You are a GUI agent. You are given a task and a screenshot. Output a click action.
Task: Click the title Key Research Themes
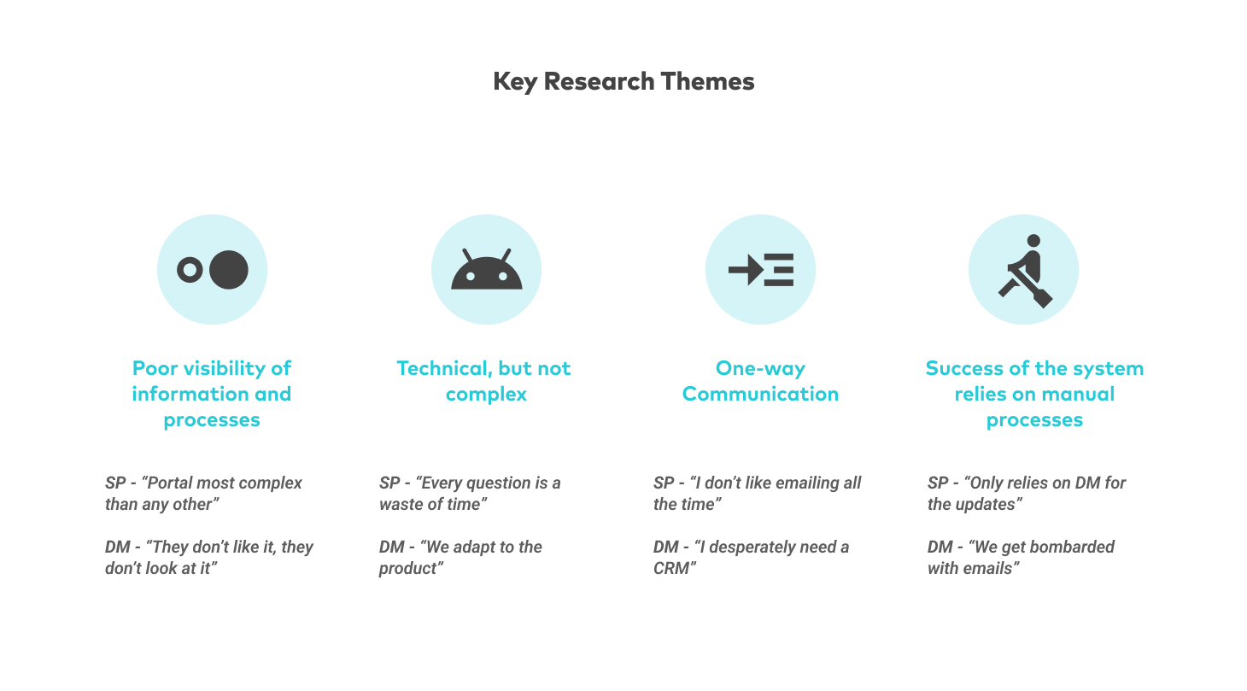(623, 82)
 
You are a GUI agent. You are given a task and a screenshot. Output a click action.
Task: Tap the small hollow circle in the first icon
(190, 270)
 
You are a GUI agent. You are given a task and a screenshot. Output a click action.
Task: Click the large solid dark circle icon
(229, 270)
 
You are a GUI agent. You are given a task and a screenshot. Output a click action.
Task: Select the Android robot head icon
(487, 269)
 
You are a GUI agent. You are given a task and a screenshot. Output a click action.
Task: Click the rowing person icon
(1026, 271)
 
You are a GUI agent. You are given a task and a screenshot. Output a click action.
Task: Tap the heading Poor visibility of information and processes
(212, 394)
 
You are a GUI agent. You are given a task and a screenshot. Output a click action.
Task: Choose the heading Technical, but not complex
(483, 381)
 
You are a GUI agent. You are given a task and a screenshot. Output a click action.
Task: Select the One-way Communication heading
(760, 381)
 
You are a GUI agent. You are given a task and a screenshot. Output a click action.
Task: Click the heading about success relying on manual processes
(1034, 394)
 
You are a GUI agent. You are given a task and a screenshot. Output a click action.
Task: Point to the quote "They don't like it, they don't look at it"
(209, 558)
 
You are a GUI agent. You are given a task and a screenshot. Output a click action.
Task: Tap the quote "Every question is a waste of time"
(470, 494)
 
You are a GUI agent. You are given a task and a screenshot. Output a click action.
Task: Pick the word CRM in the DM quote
(675, 569)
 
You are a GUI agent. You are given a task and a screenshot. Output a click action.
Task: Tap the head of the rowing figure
(1033, 241)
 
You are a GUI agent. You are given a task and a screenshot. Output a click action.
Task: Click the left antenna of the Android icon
(468, 255)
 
